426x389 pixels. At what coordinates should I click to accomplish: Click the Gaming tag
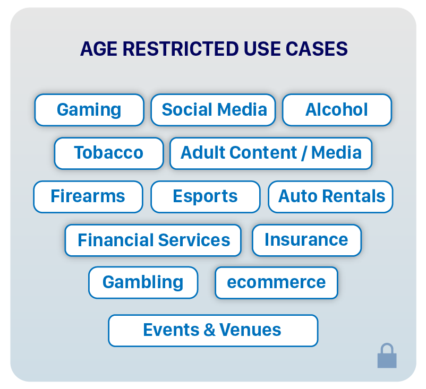point(89,110)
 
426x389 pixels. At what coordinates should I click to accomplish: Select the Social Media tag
point(214,110)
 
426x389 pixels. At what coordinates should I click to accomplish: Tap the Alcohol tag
point(337,110)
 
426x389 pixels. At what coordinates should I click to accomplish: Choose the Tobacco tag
point(109,153)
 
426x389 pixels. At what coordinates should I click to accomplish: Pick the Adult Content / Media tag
point(271,153)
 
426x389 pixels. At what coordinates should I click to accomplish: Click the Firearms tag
point(88,196)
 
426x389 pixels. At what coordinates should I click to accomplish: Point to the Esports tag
point(206,196)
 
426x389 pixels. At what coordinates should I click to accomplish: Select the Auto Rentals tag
point(331,196)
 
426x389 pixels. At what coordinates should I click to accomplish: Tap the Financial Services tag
point(154,240)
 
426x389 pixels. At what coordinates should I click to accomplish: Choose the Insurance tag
point(306,240)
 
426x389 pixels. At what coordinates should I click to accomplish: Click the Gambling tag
point(143,282)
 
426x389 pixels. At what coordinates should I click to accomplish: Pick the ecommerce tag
point(276,282)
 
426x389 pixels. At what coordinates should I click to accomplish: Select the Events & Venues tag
point(213,330)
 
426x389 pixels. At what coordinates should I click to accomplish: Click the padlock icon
point(387,356)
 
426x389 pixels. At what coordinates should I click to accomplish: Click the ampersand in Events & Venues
point(210,330)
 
